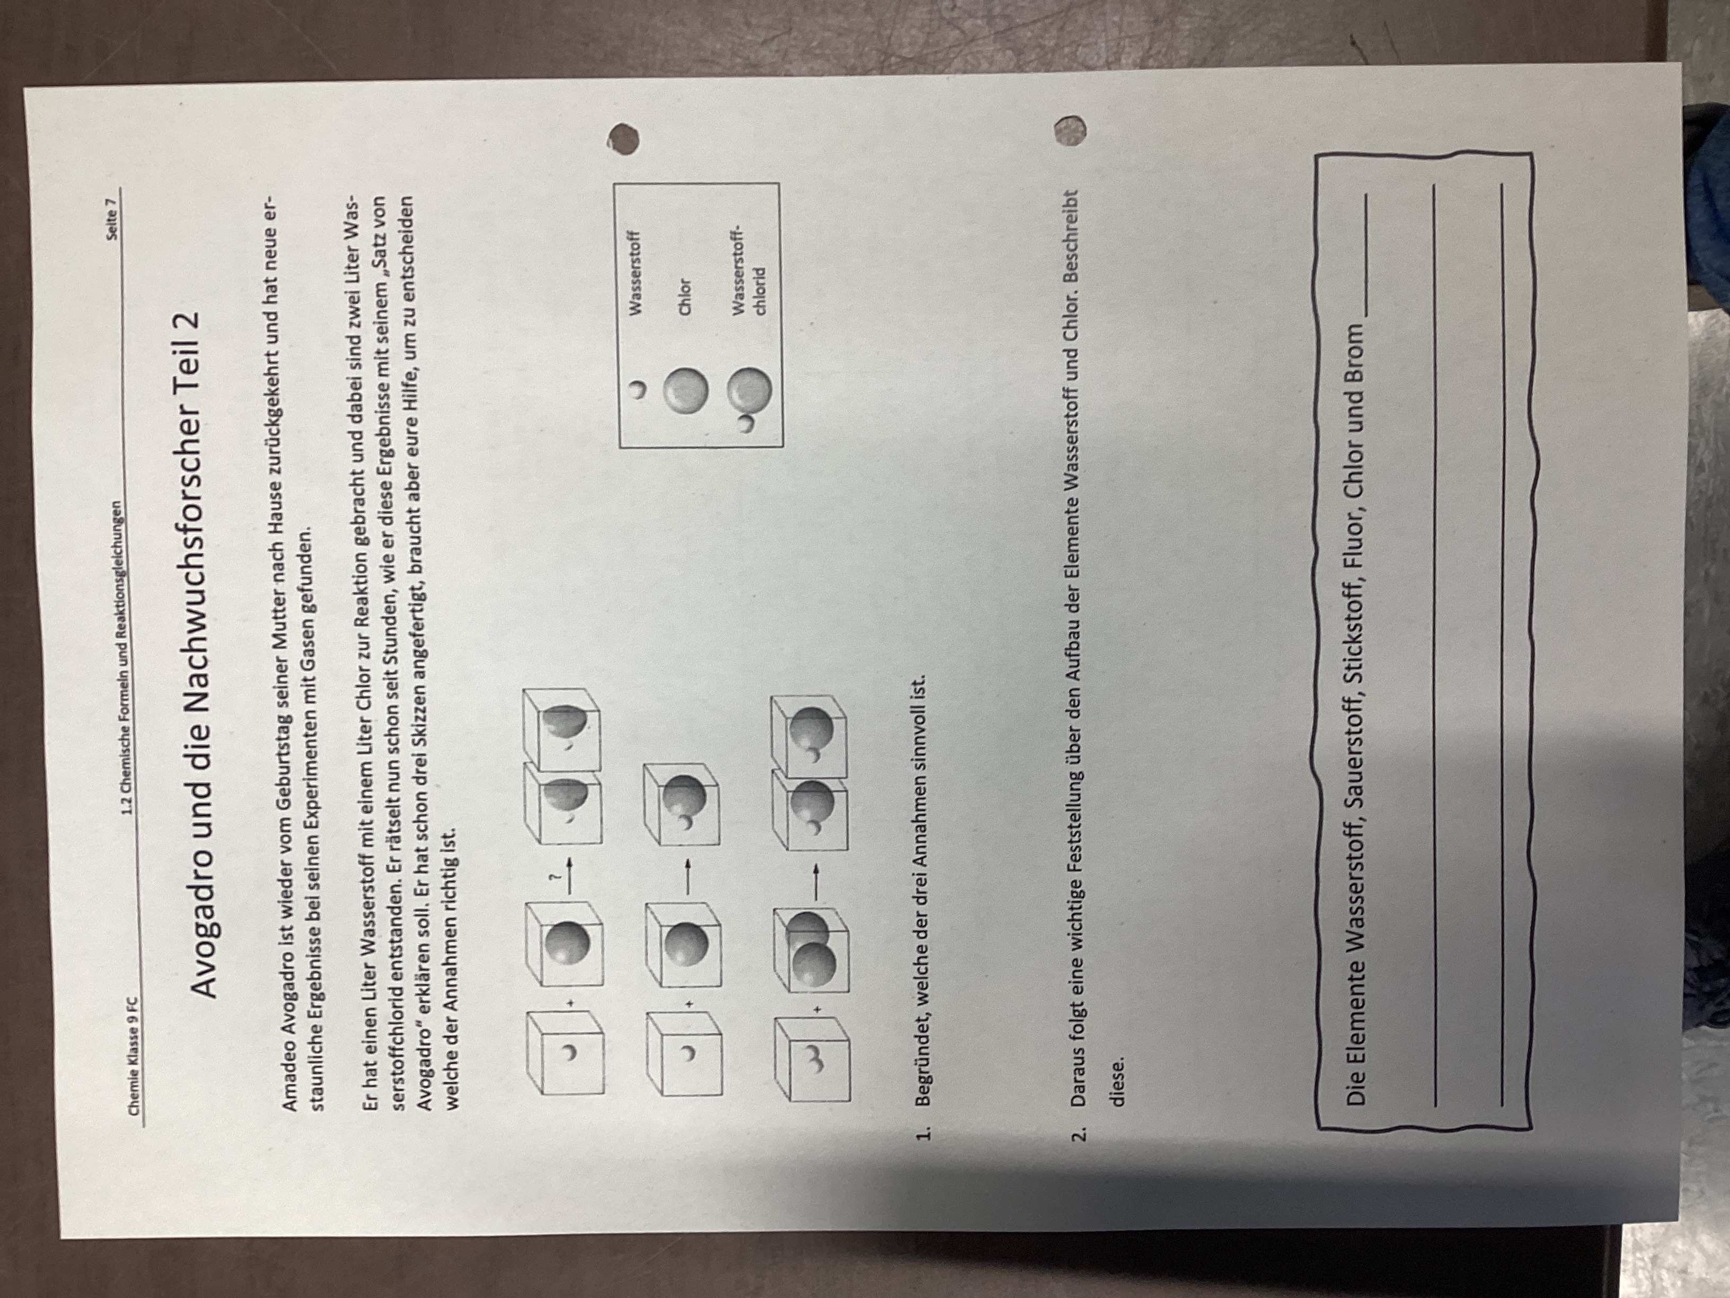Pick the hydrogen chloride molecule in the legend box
pos(750,398)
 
